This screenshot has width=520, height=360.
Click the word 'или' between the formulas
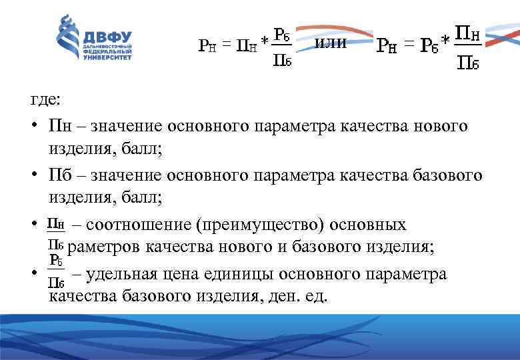coord(330,43)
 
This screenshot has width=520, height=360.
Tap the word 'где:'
coord(45,99)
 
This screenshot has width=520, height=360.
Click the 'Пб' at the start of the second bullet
coord(57,175)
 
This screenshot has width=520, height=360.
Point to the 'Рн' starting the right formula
coord(387,45)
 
